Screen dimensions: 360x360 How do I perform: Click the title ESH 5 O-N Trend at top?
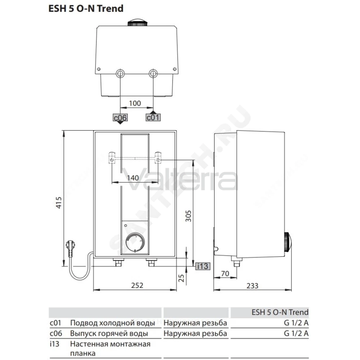(86, 9)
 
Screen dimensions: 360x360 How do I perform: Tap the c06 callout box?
(120, 118)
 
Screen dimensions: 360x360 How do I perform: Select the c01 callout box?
(153, 117)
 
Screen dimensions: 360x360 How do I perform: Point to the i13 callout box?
(202, 266)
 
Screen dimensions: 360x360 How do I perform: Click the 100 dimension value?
(135, 103)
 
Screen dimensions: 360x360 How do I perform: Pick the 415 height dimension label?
(59, 202)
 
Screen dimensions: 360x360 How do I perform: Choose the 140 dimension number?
(133, 178)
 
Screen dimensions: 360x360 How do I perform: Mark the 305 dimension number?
(188, 216)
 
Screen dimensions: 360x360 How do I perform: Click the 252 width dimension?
(137, 285)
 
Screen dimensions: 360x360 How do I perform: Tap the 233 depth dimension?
(252, 286)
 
